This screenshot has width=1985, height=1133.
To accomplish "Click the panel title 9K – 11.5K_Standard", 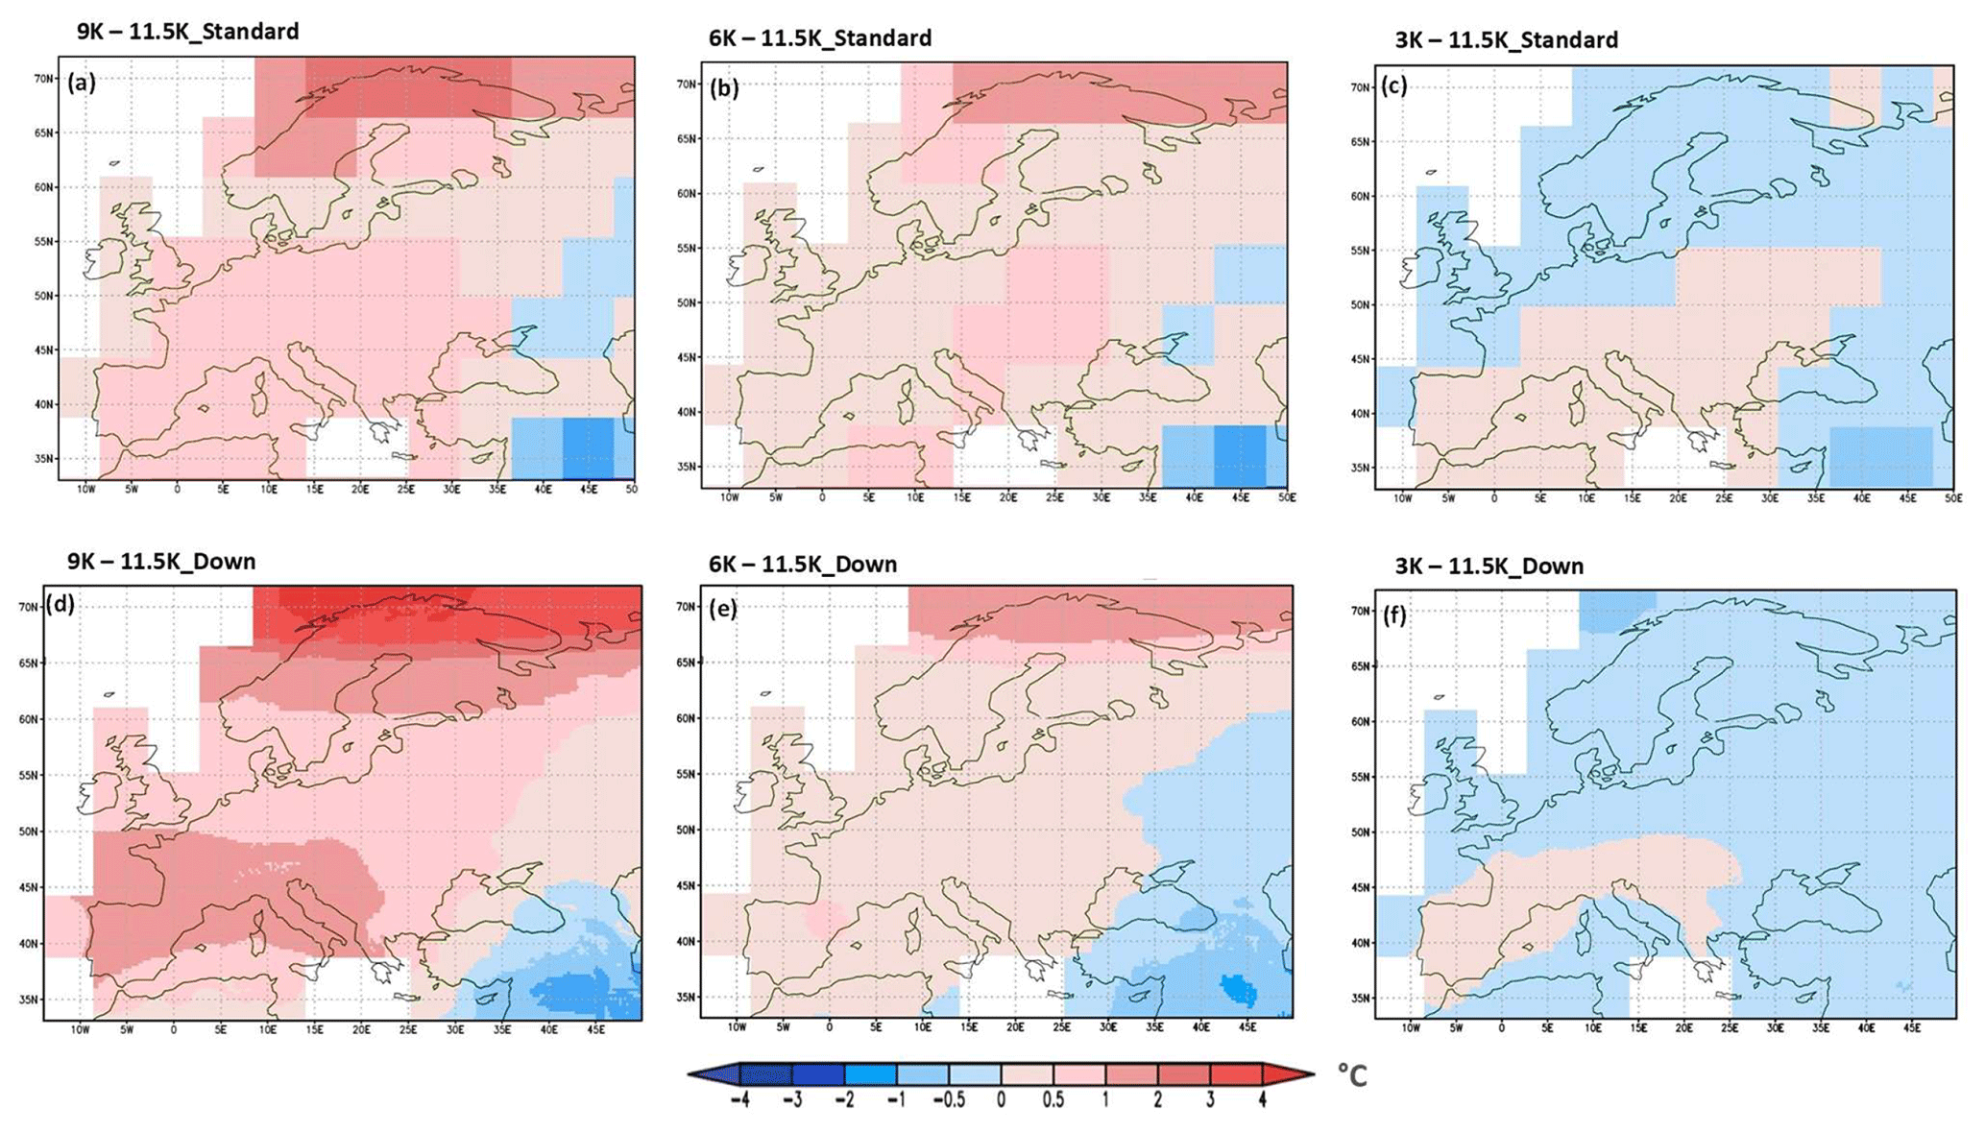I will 188,32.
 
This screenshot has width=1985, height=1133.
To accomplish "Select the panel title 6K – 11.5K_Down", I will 803,565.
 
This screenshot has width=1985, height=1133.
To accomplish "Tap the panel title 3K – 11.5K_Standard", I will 1506,40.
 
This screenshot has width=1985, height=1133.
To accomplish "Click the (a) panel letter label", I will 82,83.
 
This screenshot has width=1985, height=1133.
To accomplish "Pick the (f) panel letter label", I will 1394,615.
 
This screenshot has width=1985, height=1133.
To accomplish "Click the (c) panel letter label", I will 1393,85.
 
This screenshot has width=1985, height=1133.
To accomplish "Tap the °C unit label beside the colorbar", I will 1352,1076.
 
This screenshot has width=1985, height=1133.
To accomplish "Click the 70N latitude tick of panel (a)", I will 43,79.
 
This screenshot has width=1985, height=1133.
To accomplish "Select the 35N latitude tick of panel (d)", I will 29,1000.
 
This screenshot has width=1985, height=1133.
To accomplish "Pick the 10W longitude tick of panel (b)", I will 729,497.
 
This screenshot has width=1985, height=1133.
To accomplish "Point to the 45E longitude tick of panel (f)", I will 1911,1028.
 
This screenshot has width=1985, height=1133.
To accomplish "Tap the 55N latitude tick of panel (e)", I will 686,774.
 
